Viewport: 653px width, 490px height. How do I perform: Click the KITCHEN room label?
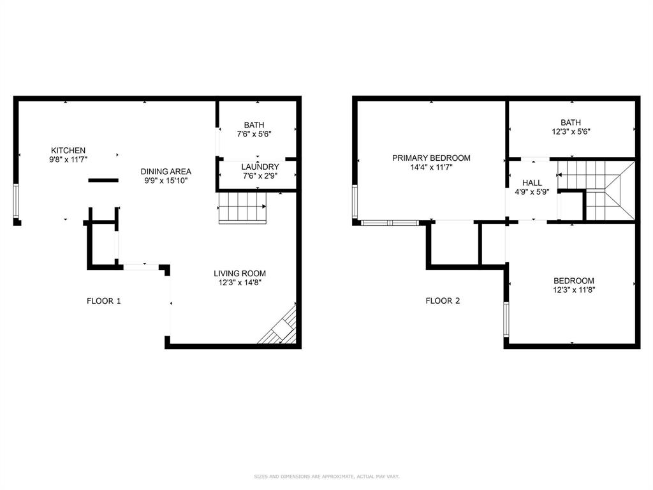click(x=68, y=151)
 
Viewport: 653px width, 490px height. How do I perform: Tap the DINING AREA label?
click(x=166, y=172)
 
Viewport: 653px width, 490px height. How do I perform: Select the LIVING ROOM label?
click(x=240, y=273)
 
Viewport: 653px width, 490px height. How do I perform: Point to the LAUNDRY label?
click(x=260, y=167)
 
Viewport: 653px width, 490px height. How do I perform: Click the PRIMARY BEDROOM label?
click(x=431, y=158)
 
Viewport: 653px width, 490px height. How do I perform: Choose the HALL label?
click(x=532, y=182)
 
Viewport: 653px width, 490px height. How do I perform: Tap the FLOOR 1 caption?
click(x=104, y=301)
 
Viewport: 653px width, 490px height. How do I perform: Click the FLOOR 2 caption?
click(x=443, y=301)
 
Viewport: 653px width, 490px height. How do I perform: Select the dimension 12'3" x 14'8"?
click(x=240, y=283)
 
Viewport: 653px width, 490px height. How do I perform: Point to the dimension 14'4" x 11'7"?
click(x=431, y=168)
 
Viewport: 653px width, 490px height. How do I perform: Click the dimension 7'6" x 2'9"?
click(x=260, y=175)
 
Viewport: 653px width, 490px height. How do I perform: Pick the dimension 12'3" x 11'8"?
click(x=574, y=290)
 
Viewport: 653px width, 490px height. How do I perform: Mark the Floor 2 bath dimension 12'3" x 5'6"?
click(x=571, y=132)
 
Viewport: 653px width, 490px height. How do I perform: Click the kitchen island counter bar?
click(x=103, y=181)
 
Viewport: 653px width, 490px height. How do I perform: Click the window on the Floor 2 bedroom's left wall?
click(x=506, y=319)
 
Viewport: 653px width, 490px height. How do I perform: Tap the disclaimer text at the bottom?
click(x=326, y=477)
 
